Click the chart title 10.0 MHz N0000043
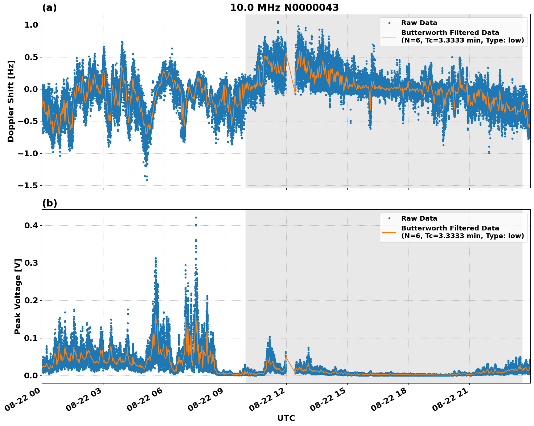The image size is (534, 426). pos(284,8)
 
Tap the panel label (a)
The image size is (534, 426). pos(49,8)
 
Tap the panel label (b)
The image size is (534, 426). pos(49,203)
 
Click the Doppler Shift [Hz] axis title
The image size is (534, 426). pos(11,101)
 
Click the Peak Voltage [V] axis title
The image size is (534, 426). pos(18,296)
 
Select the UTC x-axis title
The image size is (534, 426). pos(286,418)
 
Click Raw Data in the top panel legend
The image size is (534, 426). pos(419,23)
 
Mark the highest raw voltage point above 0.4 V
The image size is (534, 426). pos(196,217)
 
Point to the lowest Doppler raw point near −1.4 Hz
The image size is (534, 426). pos(147,180)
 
